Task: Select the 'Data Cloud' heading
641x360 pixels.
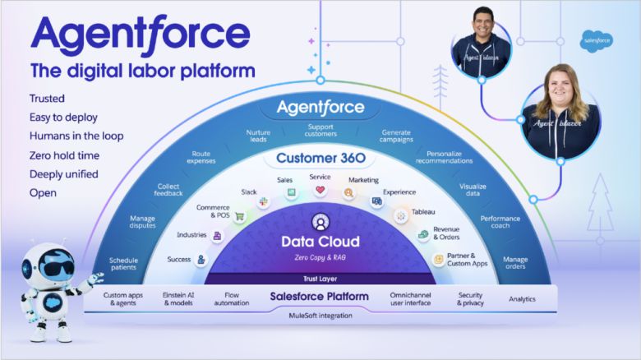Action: click(x=320, y=242)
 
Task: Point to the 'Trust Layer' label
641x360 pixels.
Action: click(x=320, y=278)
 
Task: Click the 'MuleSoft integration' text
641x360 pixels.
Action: click(x=320, y=315)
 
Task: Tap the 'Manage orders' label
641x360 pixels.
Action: click(x=515, y=262)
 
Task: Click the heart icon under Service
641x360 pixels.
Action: click(x=320, y=190)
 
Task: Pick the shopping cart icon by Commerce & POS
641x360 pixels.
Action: click(x=239, y=217)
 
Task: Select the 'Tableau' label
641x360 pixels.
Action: click(x=423, y=212)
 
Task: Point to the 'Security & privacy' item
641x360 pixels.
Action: click(x=470, y=298)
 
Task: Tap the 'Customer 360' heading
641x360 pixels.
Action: click(x=320, y=158)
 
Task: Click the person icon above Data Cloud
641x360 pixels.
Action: click(x=320, y=221)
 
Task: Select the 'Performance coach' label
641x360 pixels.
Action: click(x=500, y=223)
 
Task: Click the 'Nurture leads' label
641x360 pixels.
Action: click(x=258, y=136)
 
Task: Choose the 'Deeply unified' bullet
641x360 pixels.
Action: click(x=64, y=173)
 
